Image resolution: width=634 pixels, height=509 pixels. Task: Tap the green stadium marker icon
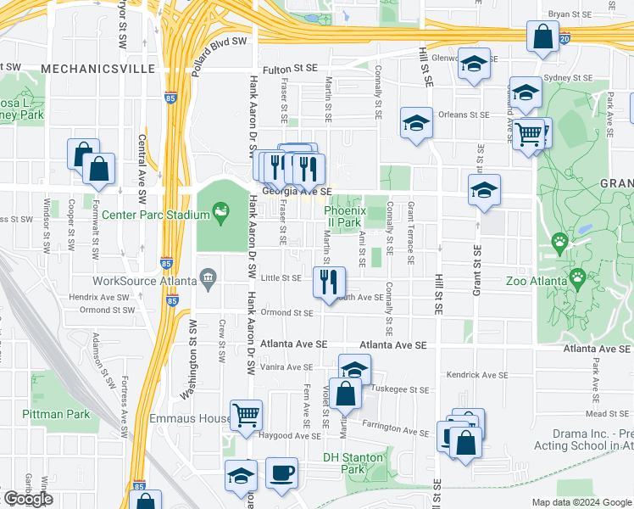click(x=221, y=211)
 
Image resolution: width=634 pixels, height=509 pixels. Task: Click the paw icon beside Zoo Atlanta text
click(x=578, y=277)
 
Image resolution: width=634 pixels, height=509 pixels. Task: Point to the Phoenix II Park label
click(x=346, y=216)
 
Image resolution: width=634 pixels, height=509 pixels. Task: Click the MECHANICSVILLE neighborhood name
click(x=87, y=68)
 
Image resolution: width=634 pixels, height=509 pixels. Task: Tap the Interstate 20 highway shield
click(x=565, y=38)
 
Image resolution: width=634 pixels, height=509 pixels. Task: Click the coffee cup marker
click(x=281, y=472)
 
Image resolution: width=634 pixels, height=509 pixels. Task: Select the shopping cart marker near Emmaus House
click(x=246, y=414)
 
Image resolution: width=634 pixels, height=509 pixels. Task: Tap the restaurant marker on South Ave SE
click(x=329, y=281)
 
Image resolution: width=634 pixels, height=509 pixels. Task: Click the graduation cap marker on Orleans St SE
click(x=416, y=123)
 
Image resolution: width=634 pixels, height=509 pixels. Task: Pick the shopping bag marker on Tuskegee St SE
click(x=346, y=394)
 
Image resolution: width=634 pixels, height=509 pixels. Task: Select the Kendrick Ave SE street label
click(x=476, y=374)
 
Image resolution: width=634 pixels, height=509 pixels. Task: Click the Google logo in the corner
click(x=28, y=500)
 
